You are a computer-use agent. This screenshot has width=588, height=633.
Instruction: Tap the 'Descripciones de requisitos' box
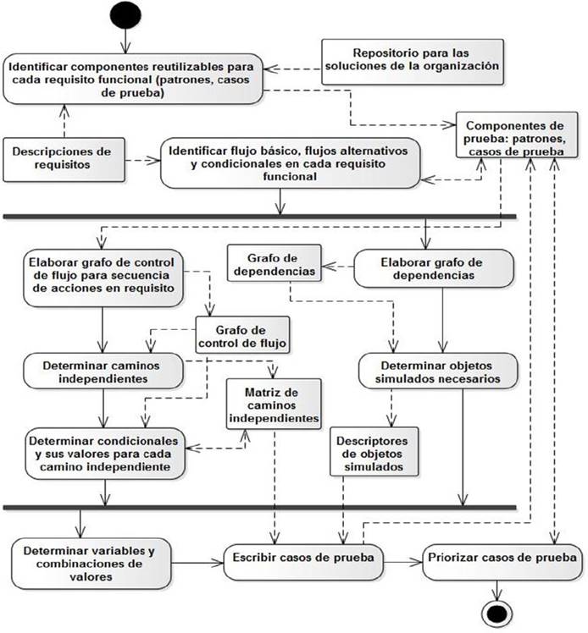tap(64, 158)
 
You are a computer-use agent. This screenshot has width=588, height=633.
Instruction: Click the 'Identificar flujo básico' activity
tap(290, 163)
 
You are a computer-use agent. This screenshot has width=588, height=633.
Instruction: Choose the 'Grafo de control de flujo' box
tap(241, 336)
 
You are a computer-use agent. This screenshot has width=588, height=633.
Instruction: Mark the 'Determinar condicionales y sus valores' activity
tap(103, 454)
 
